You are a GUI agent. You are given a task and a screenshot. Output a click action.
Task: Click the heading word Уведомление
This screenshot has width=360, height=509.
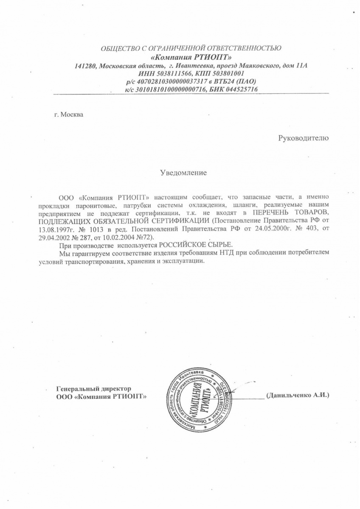(183, 173)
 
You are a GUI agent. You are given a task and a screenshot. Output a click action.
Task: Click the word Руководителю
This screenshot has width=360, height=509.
(303, 137)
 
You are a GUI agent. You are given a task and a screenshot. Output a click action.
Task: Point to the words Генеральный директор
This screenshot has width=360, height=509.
(93, 389)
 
